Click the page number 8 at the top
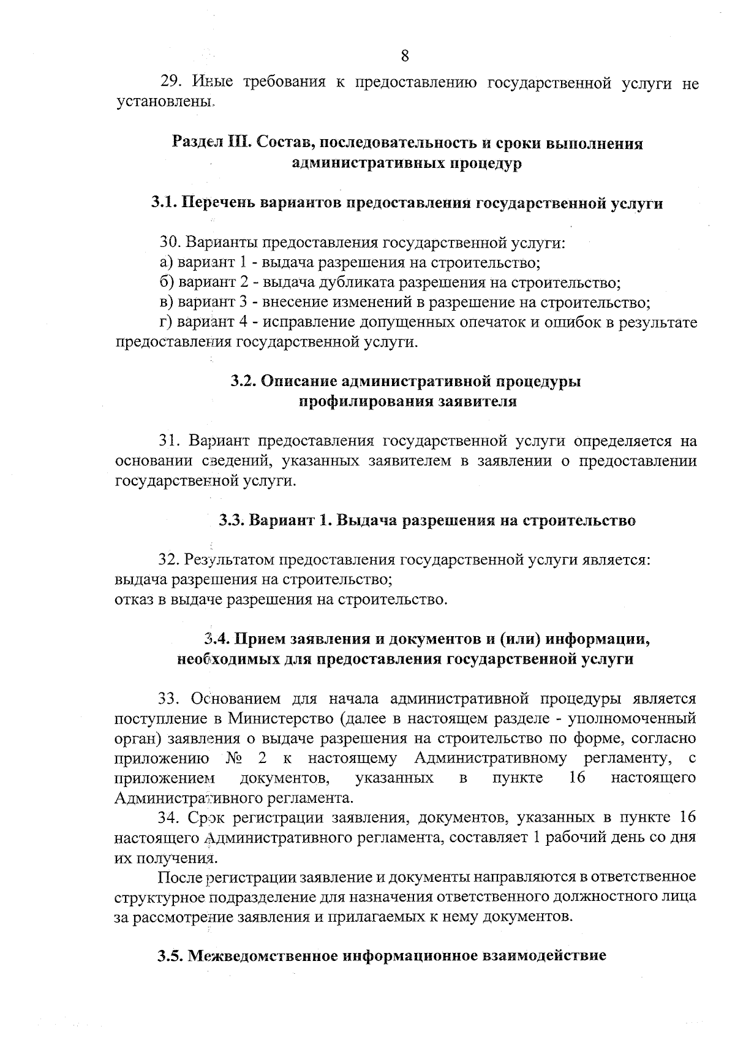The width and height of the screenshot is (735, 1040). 405,56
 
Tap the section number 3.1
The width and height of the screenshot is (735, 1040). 164,203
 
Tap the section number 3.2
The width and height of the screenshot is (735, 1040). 243,381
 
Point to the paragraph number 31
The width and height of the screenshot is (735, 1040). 169,441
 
